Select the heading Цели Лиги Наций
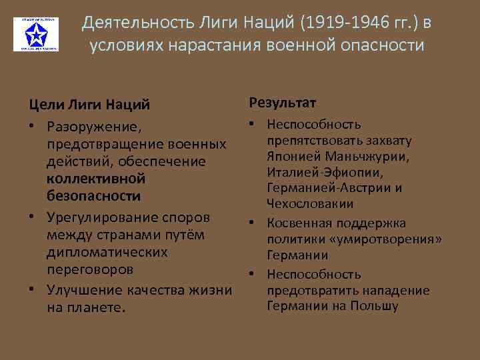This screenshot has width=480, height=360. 89,104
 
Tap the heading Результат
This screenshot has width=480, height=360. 283,103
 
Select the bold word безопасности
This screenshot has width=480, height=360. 93,196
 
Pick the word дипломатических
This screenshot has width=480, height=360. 107,253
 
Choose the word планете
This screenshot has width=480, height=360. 97,307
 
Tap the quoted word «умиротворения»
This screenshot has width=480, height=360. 378,239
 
